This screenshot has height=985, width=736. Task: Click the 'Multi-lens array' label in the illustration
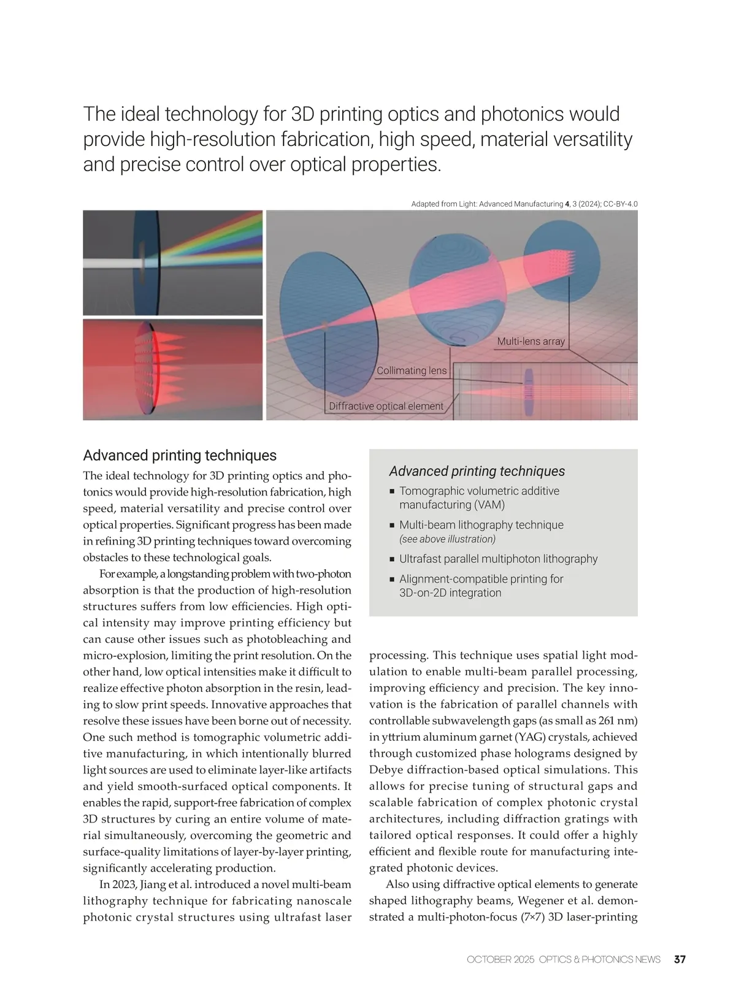point(531,342)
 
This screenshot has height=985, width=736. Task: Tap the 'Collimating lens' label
point(412,370)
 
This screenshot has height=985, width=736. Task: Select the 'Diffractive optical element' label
point(386,406)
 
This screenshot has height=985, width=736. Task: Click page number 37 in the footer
point(680,959)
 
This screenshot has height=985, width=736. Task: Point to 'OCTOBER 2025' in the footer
point(500,959)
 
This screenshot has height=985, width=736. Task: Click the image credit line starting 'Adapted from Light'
point(524,204)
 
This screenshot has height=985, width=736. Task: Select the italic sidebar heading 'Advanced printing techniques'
point(477,471)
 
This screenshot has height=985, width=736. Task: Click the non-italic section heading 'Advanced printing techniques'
point(180,455)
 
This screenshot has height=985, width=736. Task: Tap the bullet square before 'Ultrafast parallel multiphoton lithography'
point(392,559)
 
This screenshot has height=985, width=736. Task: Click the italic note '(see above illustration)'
point(447,539)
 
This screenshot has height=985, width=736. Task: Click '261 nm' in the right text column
point(615,721)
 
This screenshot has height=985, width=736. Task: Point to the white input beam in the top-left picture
point(110,263)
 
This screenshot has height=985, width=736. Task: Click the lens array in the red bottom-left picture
point(147,368)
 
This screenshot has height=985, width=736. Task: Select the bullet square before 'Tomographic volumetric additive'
point(392,491)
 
